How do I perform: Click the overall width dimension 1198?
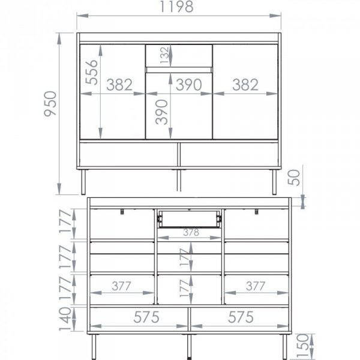click(176, 7)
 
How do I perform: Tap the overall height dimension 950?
click(50, 104)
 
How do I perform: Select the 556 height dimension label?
click(91, 73)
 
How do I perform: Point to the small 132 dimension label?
click(164, 55)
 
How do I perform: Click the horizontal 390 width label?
click(189, 85)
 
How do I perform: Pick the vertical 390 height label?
click(161, 112)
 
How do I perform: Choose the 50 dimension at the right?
click(294, 178)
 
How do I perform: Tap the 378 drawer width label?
click(191, 232)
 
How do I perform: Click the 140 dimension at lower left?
click(65, 319)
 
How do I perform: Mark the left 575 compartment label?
click(146, 317)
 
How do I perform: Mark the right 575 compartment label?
click(241, 317)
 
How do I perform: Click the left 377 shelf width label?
click(121, 286)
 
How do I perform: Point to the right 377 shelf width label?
click(256, 286)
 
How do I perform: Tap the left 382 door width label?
click(119, 85)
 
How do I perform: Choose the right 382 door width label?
click(245, 85)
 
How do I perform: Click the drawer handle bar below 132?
click(179, 70)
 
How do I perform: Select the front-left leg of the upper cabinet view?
click(83, 182)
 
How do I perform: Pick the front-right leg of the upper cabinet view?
click(274, 182)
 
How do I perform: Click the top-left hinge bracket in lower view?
click(122, 211)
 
